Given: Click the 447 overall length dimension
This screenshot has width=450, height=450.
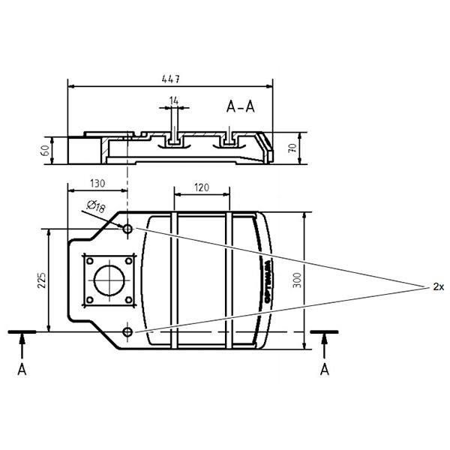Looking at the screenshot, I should (171, 78).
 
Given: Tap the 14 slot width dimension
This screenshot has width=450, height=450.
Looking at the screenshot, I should (174, 100).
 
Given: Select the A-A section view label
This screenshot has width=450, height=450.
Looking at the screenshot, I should (240, 106).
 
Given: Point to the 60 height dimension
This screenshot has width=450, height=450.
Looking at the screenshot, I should (46, 149).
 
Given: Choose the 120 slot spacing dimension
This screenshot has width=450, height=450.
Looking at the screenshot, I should (201, 188).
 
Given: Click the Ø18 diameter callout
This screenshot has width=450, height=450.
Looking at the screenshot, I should (95, 205).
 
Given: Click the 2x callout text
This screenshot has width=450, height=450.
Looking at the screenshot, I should (439, 287).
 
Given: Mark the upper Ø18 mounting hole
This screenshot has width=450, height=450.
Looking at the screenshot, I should (127, 228).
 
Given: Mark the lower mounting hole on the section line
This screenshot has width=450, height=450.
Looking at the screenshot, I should (127, 331).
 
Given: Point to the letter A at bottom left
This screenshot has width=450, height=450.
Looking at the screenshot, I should (22, 369).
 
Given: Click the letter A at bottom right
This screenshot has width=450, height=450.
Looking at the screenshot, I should (324, 369).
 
